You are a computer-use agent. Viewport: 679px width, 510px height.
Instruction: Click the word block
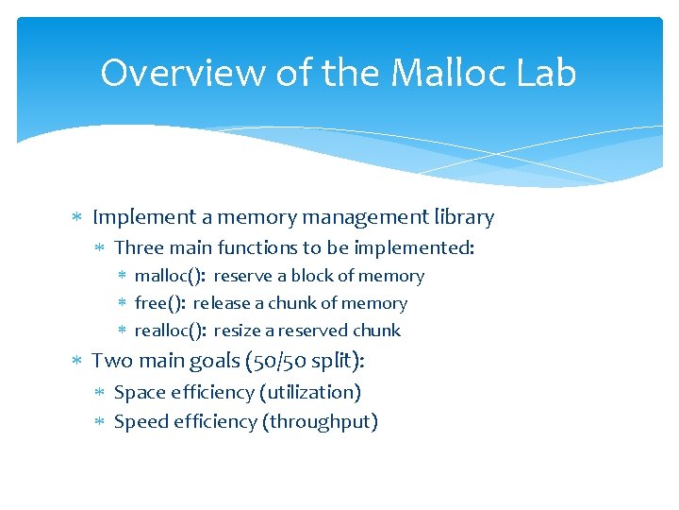tap(312, 276)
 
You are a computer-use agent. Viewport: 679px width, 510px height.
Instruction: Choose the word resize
tap(240, 331)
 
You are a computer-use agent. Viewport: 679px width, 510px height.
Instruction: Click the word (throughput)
tap(323, 421)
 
